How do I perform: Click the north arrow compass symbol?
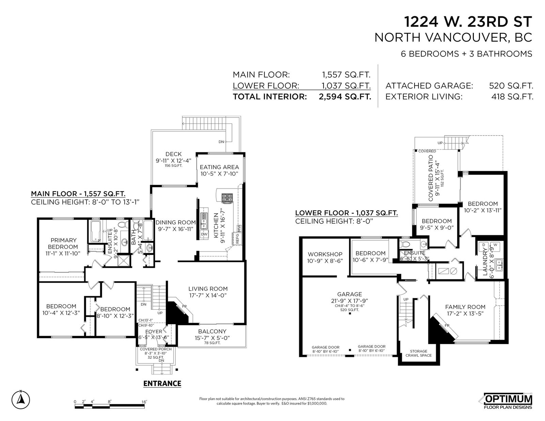(x=20, y=400)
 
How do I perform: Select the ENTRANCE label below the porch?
(x=162, y=384)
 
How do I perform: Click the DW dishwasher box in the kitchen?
(x=204, y=234)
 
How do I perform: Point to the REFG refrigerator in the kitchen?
(x=237, y=239)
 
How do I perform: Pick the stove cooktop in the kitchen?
(x=227, y=198)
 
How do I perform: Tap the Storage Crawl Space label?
(x=419, y=353)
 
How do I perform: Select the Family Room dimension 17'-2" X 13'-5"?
(x=465, y=313)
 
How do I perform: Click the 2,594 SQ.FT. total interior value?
(x=345, y=97)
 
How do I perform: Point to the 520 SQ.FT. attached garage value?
(x=511, y=86)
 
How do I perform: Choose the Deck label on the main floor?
(x=174, y=154)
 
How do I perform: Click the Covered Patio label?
(x=431, y=178)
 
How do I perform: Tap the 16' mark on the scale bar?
(x=144, y=402)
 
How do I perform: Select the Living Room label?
(x=208, y=289)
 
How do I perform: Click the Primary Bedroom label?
(x=63, y=243)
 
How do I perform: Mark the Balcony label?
(x=212, y=331)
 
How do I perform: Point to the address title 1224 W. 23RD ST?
(x=468, y=21)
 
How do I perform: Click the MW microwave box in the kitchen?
(x=239, y=228)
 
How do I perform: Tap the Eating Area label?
(x=219, y=167)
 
